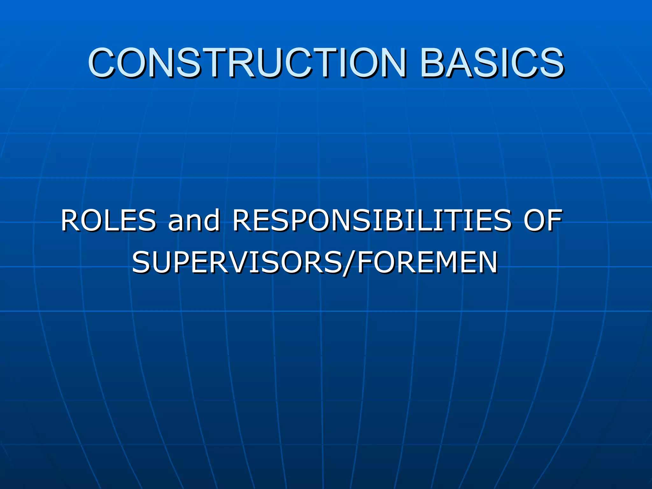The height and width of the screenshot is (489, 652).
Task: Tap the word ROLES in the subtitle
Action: [108, 220]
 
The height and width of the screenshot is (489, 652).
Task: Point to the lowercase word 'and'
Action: [194, 220]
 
